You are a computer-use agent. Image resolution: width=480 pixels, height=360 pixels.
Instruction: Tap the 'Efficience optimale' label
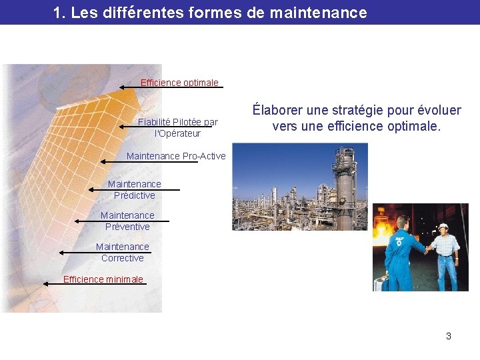pyautogui.click(x=179, y=83)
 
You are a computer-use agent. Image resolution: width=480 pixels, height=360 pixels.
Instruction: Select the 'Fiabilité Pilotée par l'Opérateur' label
pyautogui.click(x=177, y=127)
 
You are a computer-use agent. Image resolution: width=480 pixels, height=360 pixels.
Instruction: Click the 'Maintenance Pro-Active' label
pyautogui.click(x=176, y=157)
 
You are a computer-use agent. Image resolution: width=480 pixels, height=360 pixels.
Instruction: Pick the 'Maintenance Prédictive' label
pyautogui.click(x=134, y=189)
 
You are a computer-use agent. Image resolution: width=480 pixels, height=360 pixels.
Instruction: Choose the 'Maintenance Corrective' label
pyautogui.click(x=123, y=252)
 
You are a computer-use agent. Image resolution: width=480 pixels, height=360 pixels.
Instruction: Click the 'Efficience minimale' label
pyautogui.click(x=103, y=279)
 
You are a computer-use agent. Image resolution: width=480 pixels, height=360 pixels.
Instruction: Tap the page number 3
pyautogui.click(x=449, y=336)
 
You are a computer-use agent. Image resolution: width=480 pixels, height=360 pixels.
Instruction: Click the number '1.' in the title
pyautogui.click(x=59, y=13)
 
